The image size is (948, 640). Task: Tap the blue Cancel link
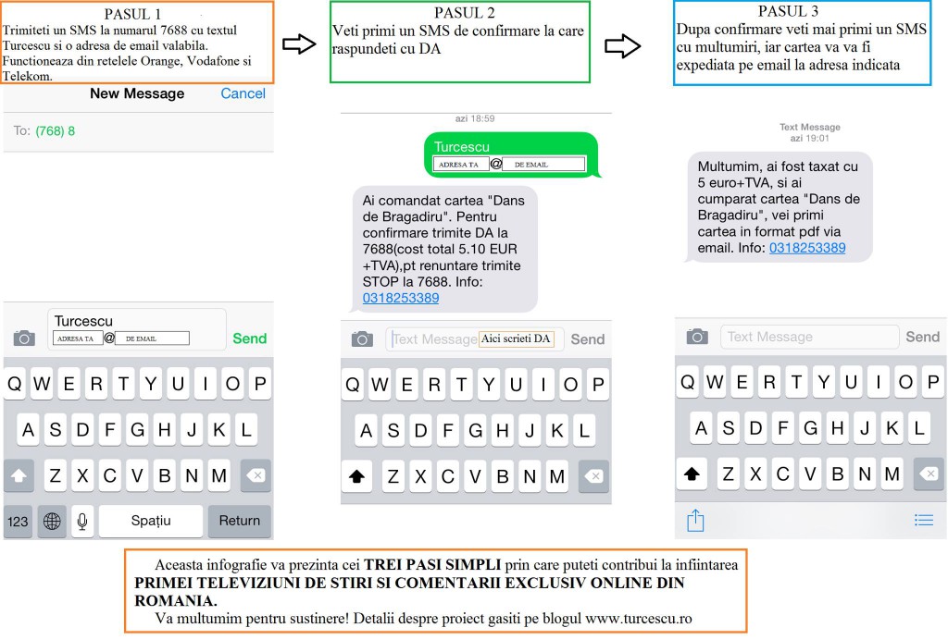[243, 93]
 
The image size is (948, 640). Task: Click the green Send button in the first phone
[250, 338]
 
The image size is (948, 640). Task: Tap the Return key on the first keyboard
[240, 521]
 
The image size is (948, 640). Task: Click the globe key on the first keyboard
[52, 521]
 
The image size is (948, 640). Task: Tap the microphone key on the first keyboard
[82, 521]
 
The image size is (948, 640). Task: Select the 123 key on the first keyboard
[18, 521]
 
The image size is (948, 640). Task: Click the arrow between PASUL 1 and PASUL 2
[299, 44]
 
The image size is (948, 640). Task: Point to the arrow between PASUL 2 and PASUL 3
[623, 46]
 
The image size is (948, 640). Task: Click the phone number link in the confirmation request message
[401, 298]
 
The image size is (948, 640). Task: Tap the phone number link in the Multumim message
[807, 248]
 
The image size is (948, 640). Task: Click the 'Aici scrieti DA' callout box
[517, 338]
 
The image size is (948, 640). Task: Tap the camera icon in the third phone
[697, 337]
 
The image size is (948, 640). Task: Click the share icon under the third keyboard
[695, 521]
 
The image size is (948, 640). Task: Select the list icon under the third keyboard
[924, 520]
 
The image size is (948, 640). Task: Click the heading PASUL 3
[789, 11]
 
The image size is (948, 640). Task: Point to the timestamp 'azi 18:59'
[475, 118]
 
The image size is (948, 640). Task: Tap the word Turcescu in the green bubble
[462, 147]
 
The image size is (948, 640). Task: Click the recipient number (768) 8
[55, 131]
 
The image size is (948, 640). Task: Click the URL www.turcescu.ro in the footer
[639, 619]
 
